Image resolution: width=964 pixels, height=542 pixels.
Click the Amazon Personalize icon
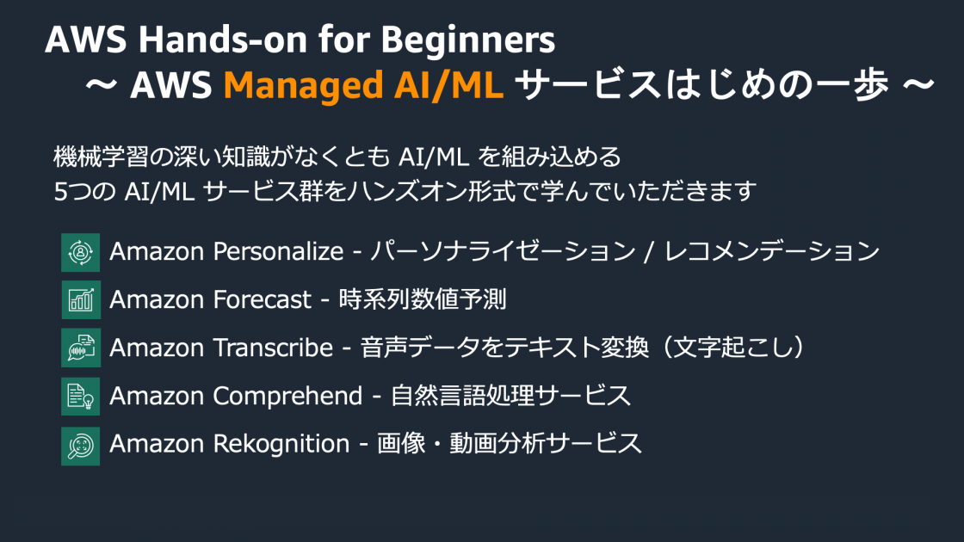pyautogui.click(x=80, y=252)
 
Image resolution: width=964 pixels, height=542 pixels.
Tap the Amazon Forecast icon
pyautogui.click(x=80, y=300)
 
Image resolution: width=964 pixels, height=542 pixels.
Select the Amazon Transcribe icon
pyautogui.click(x=80, y=348)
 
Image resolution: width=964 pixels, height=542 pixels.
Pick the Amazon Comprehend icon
pyautogui.click(x=80, y=397)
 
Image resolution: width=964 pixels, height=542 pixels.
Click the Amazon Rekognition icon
pyautogui.click(x=80, y=445)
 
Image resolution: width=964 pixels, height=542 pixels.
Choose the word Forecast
pyautogui.click(x=262, y=300)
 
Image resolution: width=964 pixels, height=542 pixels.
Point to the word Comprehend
pyautogui.click(x=287, y=397)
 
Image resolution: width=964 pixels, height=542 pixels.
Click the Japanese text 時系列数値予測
pyautogui.click(x=423, y=300)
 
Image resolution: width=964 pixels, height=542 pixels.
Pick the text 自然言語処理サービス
pyautogui.click(x=510, y=397)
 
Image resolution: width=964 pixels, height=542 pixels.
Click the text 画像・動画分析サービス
pyautogui.click(x=510, y=445)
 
